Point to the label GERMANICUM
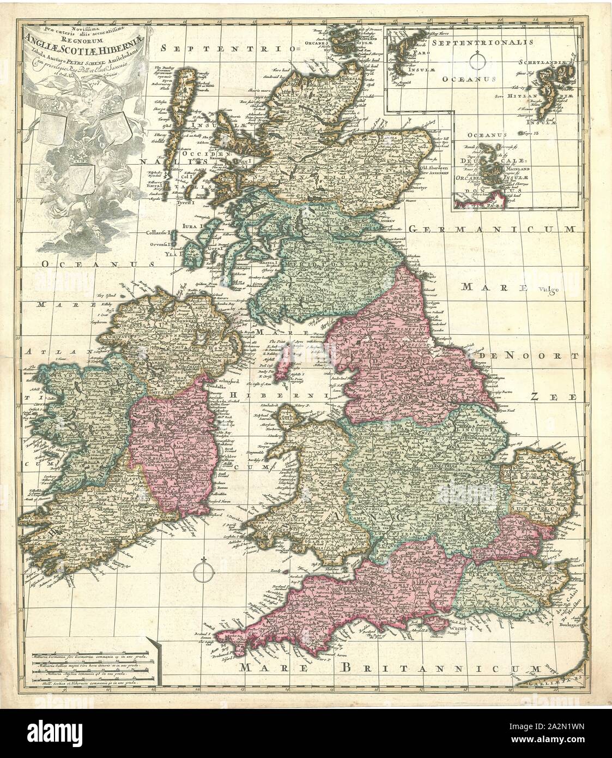(x=490, y=230)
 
